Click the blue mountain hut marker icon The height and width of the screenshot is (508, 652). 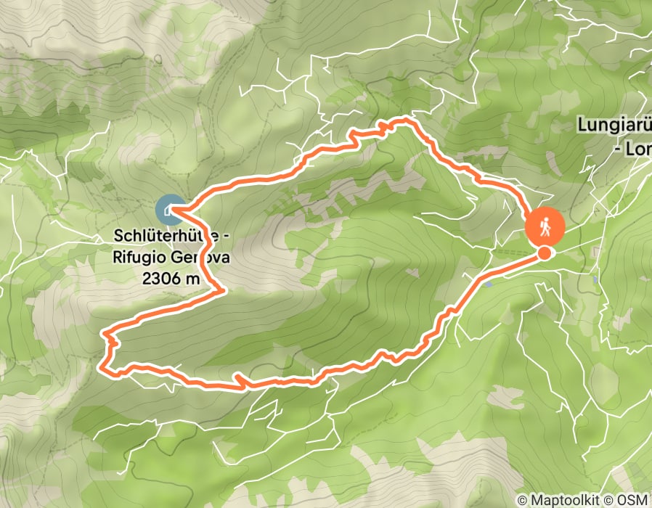coord(169,210)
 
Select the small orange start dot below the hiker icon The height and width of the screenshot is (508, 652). coord(544,253)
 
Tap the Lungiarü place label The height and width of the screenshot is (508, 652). coord(614,125)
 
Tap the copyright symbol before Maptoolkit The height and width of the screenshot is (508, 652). coord(521,499)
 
